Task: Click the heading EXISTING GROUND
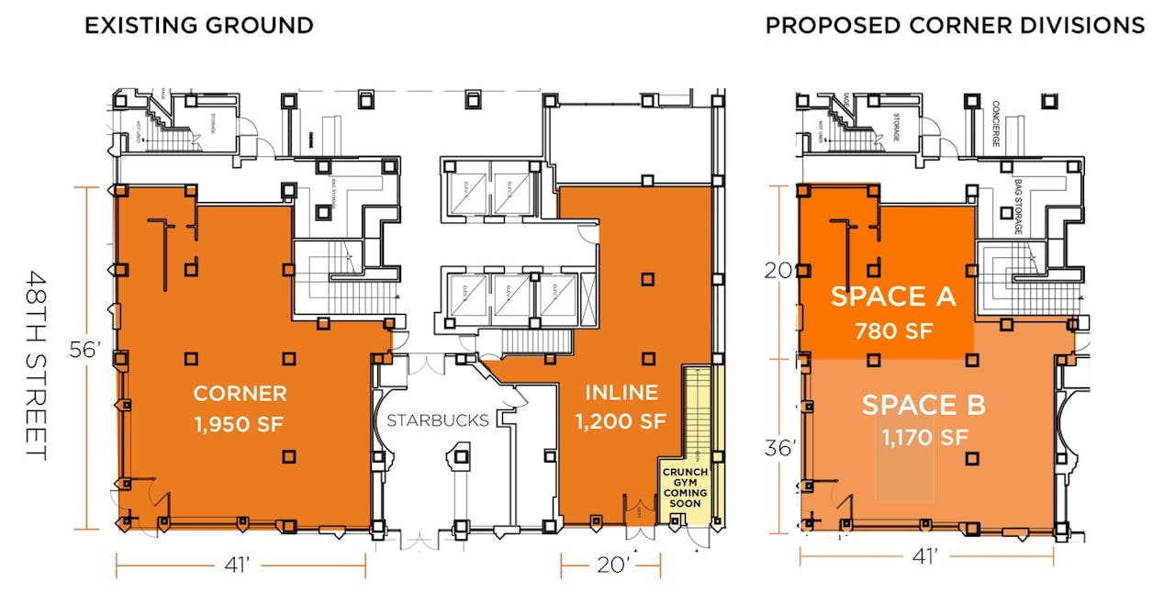tap(198, 26)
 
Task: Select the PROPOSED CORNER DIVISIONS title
tap(955, 26)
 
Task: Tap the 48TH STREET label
tap(36, 365)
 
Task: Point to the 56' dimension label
tap(85, 351)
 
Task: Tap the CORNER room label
tap(240, 394)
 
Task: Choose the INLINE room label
tap(621, 393)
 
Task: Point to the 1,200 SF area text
tap(621, 422)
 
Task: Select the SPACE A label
tap(894, 296)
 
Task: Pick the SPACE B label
tap(923, 405)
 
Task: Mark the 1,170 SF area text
tap(923, 438)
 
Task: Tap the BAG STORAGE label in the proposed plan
tap(1018, 207)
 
